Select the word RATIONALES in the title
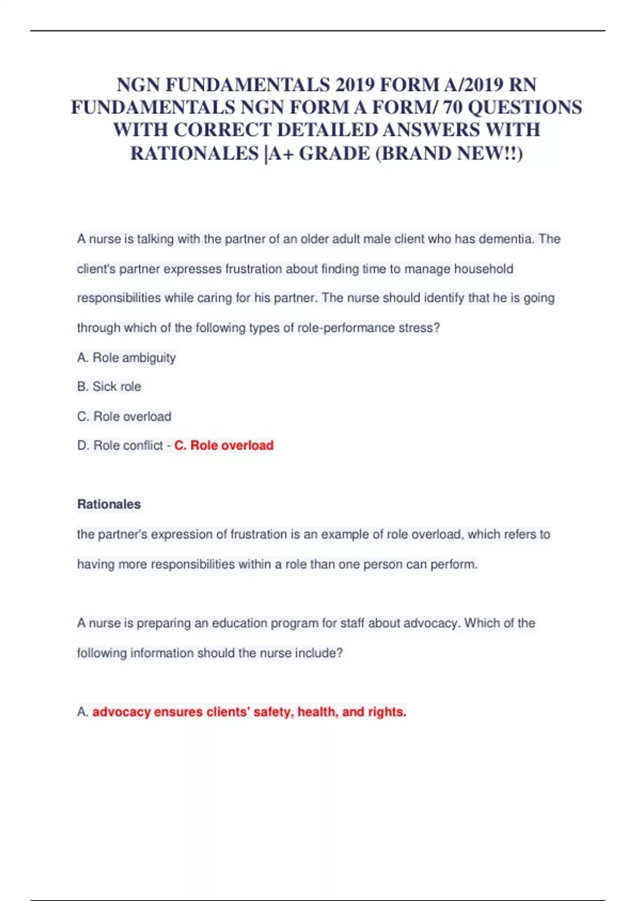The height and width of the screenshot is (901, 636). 195,153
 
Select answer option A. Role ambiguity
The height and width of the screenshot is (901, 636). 126,358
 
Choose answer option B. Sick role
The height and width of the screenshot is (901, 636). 109,387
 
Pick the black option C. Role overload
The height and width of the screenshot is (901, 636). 124,417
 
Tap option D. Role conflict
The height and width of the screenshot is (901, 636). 120,446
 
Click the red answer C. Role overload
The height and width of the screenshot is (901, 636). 224,446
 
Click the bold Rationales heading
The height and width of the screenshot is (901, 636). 109,504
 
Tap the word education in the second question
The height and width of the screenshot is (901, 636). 240,623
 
